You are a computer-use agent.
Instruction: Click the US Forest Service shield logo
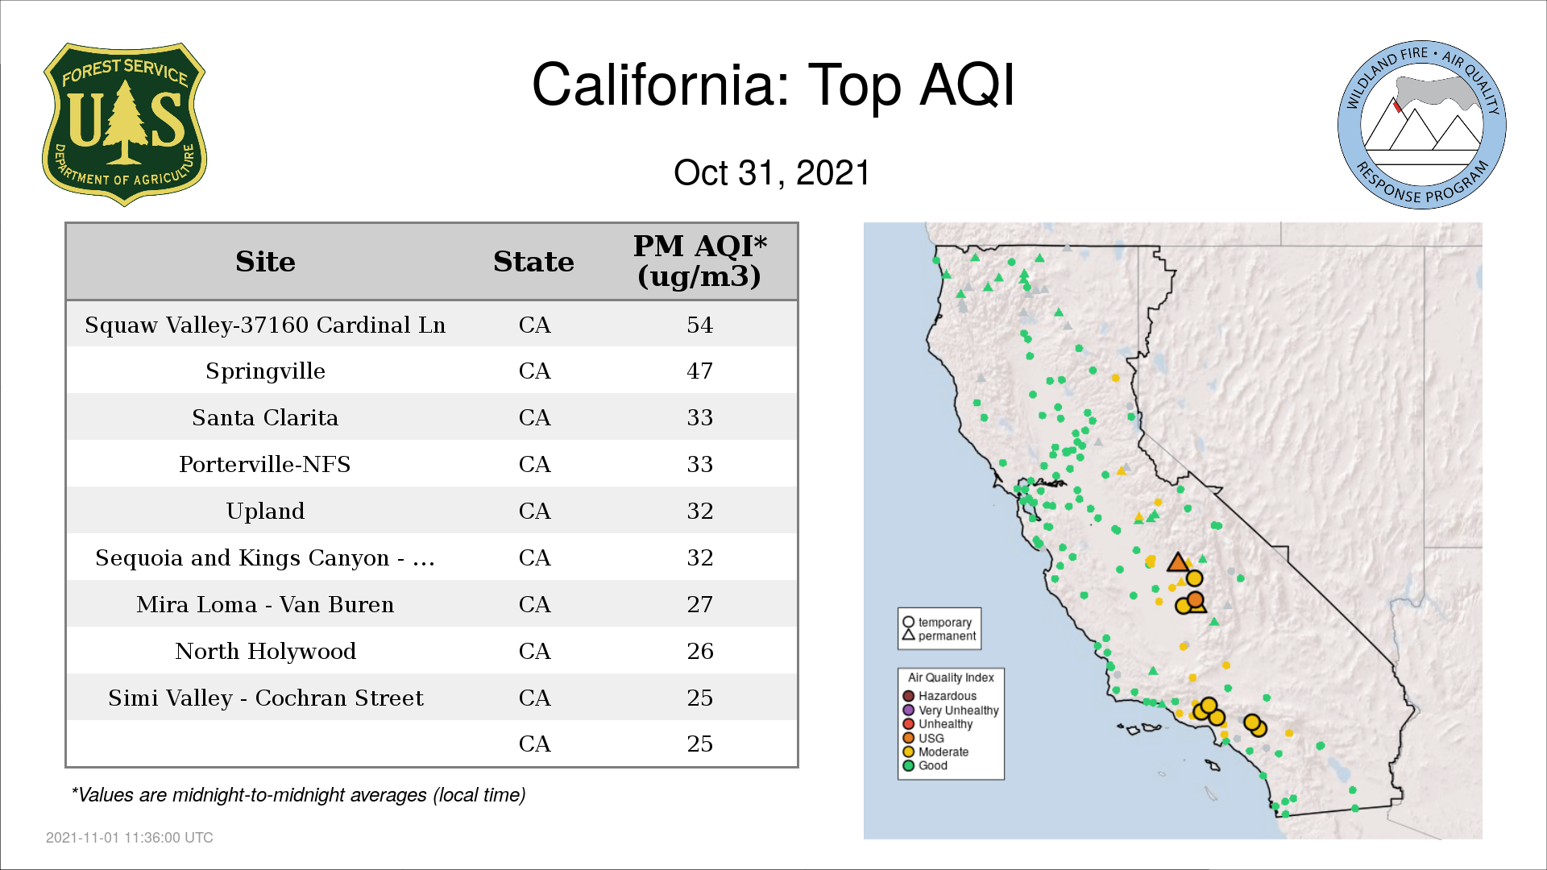coord(124,124)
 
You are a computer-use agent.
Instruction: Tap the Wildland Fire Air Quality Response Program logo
coord(1421,125)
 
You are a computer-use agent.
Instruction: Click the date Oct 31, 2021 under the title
coord(772,172)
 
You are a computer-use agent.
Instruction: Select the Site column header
coord(265,262)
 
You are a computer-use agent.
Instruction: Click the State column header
coord(533,262)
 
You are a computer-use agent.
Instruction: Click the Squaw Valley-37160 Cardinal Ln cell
coord(265,325)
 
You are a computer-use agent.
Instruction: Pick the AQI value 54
coord(699,325)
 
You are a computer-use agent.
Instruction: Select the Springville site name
coord(265,371)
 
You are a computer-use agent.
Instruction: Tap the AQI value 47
coord(699,371)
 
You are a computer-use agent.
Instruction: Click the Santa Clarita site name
coord(265,417)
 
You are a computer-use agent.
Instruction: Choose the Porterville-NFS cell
coord(265,464)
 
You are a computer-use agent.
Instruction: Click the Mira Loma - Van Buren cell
coord(265,604)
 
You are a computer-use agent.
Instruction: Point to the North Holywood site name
coord(265,651)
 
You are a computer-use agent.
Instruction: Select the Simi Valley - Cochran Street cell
coord(265,698)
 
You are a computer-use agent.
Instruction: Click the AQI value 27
coord(699,604)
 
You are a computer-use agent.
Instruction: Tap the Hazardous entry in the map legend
coord(939,696)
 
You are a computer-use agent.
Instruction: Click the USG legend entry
coord(923,738)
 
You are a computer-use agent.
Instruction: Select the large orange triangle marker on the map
coord(1178,562)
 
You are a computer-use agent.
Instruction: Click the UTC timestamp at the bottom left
coord(129,838)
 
